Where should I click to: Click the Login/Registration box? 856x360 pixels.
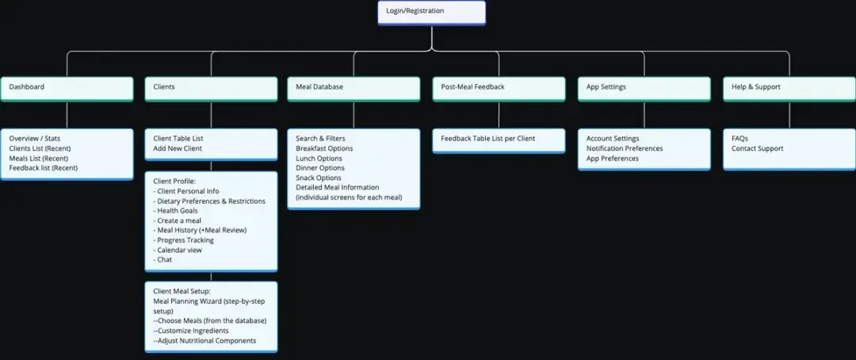[x=431, y=12]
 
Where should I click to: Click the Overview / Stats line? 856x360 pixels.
[x=35, y=139]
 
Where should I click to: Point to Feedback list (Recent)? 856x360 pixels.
[x=44, y=168]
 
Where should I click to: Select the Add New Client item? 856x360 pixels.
[x=178, y=148]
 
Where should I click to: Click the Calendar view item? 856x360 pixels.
[x=179, y=250]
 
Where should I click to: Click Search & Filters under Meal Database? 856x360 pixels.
[x=320, y=139]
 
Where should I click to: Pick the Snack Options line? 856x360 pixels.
[x=319, y=178]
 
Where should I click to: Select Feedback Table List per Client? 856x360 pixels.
[x=488, y=139]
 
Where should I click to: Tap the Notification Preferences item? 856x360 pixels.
[x=625, y=148]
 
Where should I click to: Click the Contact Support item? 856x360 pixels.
[x=758, y=148]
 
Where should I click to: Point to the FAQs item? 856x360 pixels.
[x=739, y=139]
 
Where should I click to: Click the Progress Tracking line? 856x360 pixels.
[x=185, y=240]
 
